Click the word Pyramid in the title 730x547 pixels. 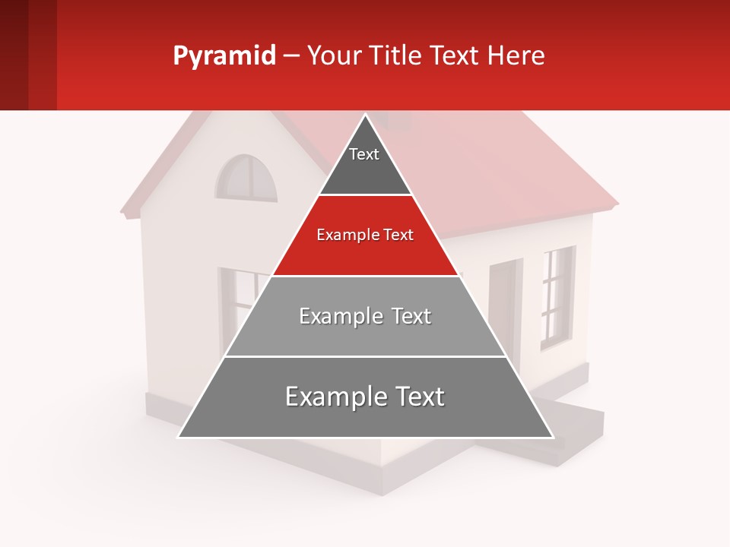coord(224,56)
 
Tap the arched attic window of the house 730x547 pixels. coord(246,179)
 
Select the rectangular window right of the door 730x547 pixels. coord(557,296)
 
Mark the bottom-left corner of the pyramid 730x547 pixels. coord(179,437)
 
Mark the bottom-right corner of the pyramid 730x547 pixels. coord(552,437)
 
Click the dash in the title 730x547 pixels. coord(291,56)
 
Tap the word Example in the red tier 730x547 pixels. coord(341,236)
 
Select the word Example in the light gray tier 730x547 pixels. coord(332,316)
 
